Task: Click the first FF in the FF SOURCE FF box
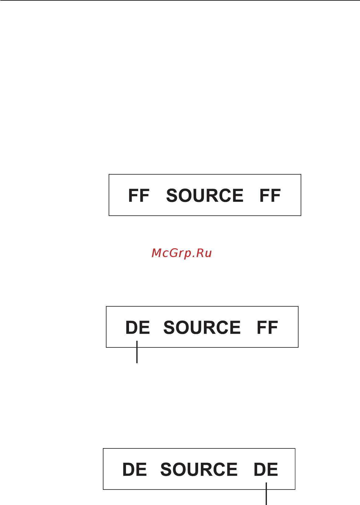coord(139,196)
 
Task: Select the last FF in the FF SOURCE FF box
coord(270,196)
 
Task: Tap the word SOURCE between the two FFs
coord(205,196)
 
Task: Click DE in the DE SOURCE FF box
coord(138,328)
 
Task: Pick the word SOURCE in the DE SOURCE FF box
coord(202,328)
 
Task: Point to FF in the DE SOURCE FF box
coord(267,328)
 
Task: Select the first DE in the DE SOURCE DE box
coord(135,470)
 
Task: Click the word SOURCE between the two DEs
coord(199,470)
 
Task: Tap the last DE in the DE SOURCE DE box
coord(266,470)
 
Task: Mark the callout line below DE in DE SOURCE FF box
coord(137,352)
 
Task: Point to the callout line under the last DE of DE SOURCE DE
coord(266,494)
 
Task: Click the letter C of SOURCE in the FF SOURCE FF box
coord(222,196)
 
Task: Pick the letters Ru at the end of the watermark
coord(204,253)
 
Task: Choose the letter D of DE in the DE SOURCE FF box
coord(131,328)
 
